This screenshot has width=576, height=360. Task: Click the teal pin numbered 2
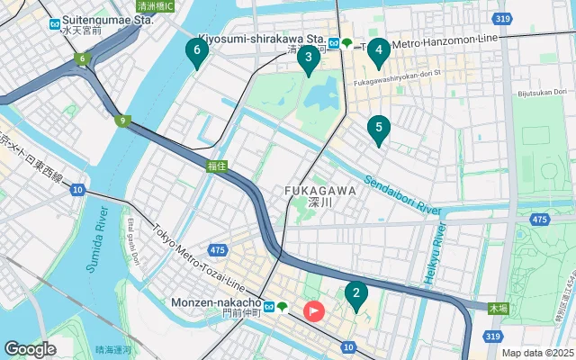tap(356, 293)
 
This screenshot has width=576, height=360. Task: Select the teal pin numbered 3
tap(309, 59)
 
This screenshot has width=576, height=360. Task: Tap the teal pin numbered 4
tap(380, 50)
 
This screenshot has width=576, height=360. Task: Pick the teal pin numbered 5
tap(379, 129)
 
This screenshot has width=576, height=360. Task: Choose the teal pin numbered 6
tap(197, 51)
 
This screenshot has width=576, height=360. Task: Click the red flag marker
tap(314, 311)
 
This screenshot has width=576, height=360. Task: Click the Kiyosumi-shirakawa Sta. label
tap(261, 40)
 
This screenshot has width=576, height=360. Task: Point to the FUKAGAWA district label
tap(319, 191)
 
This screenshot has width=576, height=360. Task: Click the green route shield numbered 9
tap(121, 121)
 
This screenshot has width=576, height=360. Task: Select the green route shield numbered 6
tap(82, 59)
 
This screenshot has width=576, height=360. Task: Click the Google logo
tap(30, 348)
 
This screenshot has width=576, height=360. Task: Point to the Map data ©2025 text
tap(536, 353)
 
